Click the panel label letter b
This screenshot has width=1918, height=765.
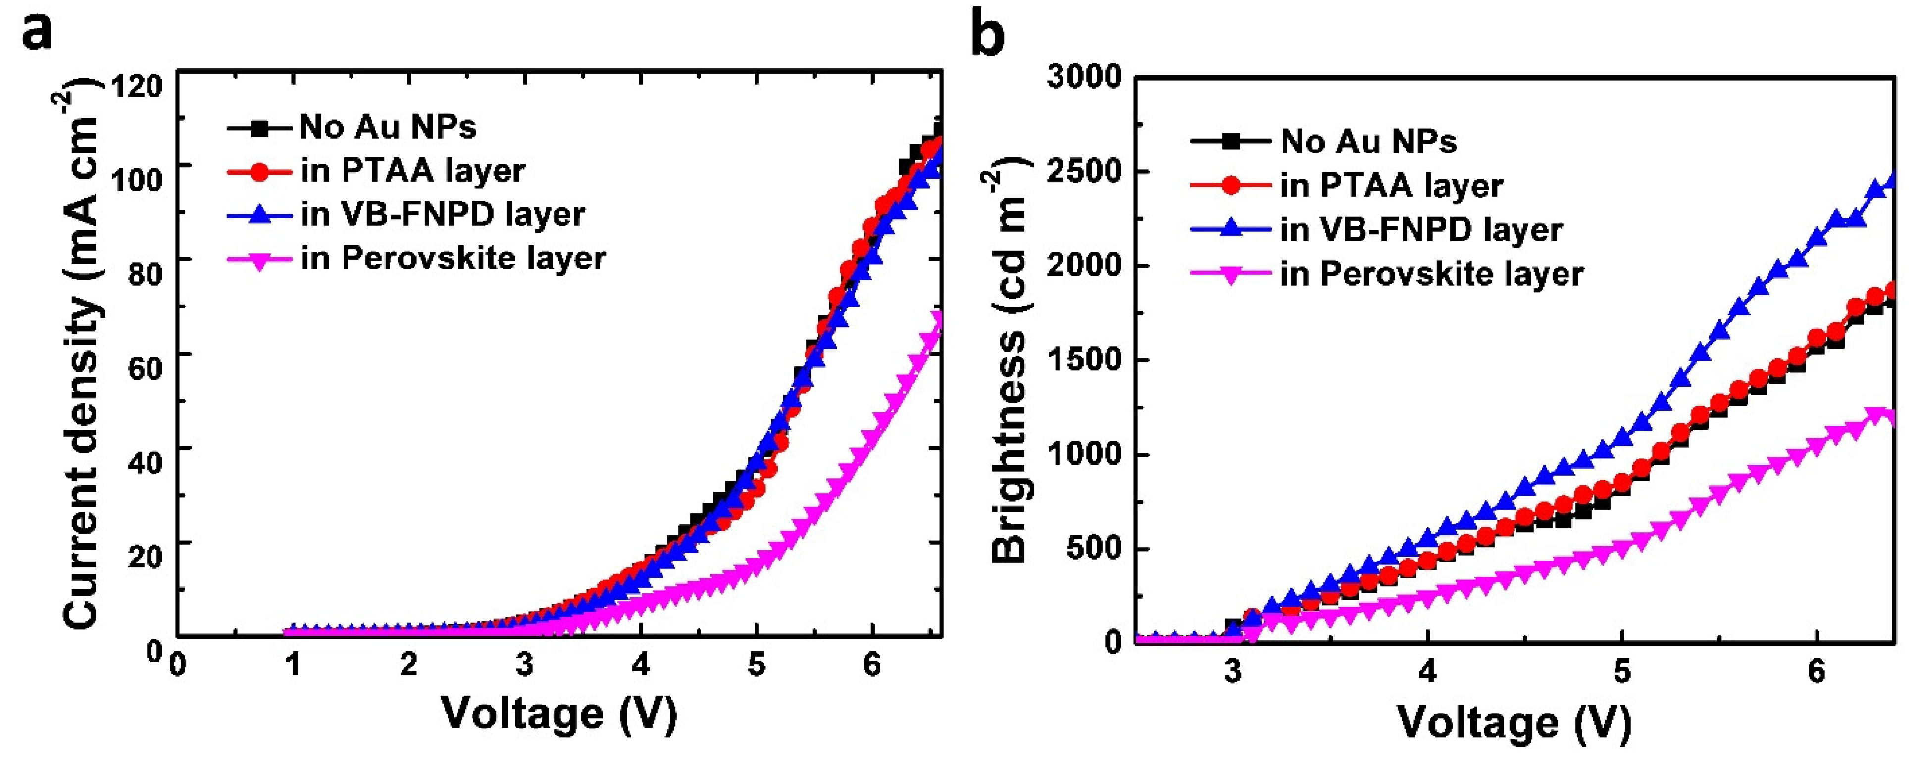pyautogui.click(x=988, y=35)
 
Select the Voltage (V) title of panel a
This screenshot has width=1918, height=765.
pyautogui.click(x=559, y=714)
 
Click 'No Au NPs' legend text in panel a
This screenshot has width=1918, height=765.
pyautogui.click(x=387, y=127)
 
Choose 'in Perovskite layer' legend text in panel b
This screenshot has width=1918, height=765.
pyautogui.click(x=1431, y=274)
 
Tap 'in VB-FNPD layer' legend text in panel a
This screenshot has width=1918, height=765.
pyautogui.click(x=442, y=214)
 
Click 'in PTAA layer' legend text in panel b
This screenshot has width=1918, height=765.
pyautogui.click(x=1391, y=186)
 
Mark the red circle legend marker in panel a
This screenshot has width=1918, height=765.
pyautogui.click(x=259, y=171)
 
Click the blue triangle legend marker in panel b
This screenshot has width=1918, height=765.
pyautogui.click(x=1231, y=229)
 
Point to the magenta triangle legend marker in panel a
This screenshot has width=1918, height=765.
pyautogui.click(x=259, y=260)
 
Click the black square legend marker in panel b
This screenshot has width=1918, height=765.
pyautogui.click(x=1231, y=140)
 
